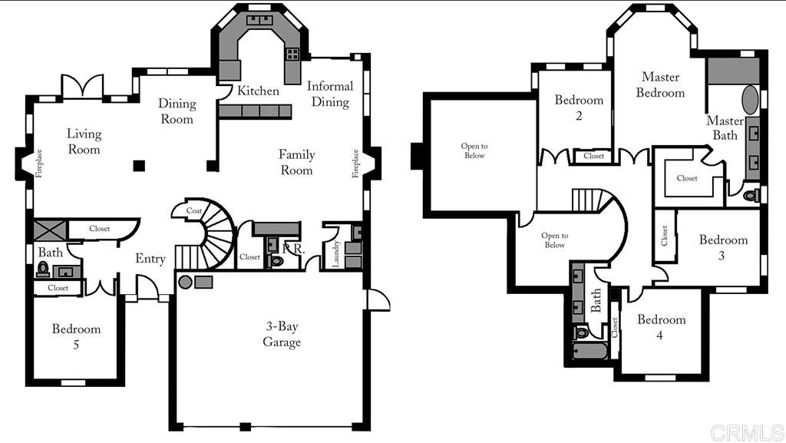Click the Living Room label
click(x=84, y=141)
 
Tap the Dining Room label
click(x=177, y=111)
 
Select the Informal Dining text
click(x=330, y=94)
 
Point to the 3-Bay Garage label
click(x=282, y=334)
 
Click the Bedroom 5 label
click(x=76, y=336)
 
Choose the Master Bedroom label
click(x=660, y=84)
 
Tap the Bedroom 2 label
click(x=579, y=107)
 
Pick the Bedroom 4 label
click(x=661, y=327)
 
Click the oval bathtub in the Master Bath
click(x=750, y=100)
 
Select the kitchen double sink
click(x=259, y=20)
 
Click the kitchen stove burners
click(x=292, y=54)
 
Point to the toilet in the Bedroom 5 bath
click(x=43, y=269)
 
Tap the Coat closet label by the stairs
click(x=194, y=210)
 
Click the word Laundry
click(x=336, y=253)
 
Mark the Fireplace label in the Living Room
click(x=39, y=164)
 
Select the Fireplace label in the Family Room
click(x=355, y=164)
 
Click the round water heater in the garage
click(x=185, y=282)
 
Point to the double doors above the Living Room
click(x=82, y=86)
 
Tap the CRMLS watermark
click(x=746, y=432)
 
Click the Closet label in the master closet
click(x=687, y=178)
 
